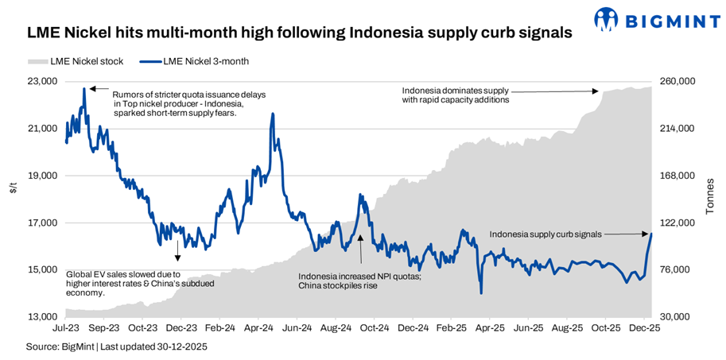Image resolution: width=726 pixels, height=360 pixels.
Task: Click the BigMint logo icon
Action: [606, 17]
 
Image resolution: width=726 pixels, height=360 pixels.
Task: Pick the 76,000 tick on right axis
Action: [676, 270]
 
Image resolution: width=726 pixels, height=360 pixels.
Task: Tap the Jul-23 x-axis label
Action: [65, 327]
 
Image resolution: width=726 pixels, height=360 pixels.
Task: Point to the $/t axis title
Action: [14, 188]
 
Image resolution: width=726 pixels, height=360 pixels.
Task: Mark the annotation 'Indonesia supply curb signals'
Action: [545, 234]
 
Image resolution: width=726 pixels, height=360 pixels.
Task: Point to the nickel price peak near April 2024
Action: [274, 114]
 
